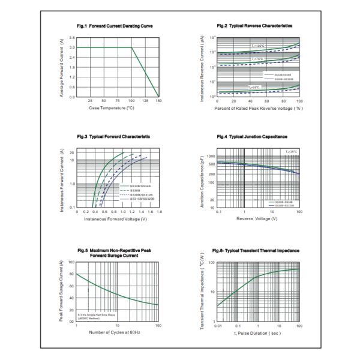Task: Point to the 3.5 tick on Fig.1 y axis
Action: pos(71,38)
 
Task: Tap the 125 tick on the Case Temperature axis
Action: pos(145,101)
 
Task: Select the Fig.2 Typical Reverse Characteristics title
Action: pos(254,26)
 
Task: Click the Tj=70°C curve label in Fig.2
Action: pos(257,59)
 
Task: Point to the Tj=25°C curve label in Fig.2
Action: pos(256,88)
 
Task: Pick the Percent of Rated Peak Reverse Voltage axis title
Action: pos(258,109)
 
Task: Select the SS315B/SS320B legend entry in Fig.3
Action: pos(135,199)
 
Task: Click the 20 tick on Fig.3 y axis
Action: pos(71,152)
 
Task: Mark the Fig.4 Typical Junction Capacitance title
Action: pos(255,137)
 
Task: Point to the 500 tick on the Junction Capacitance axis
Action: pos(211,163)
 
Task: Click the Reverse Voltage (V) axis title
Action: pos(257,219)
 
